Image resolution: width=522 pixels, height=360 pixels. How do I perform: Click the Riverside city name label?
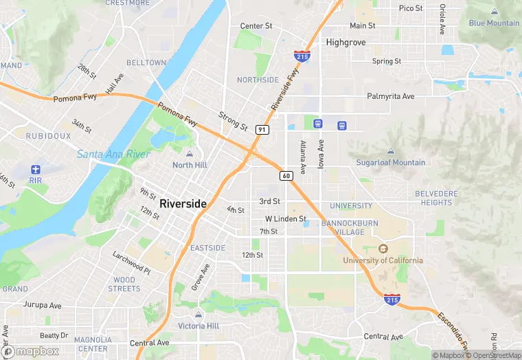tap(183, 204)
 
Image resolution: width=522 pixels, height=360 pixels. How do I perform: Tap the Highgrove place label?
tap(346, 42)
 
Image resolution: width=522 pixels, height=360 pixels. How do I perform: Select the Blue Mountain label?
tap(494, 23)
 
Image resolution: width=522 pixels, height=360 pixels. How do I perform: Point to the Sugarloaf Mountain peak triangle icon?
tap(391, 151)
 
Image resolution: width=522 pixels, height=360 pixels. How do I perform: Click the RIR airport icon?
tap(36, 169)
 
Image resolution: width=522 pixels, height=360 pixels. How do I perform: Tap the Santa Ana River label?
tap(113, 154)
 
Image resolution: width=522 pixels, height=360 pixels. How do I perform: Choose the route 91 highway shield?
tap(262, 129)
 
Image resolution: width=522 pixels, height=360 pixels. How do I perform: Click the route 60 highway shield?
tap(286, 176)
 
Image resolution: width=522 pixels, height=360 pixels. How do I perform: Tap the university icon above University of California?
tap(383, 248)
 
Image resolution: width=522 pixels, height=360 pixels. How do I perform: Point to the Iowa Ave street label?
tap(320, 155)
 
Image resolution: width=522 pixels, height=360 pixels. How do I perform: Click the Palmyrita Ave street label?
tap(391, 96)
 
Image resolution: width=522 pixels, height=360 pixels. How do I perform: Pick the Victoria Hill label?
tap(198, 326)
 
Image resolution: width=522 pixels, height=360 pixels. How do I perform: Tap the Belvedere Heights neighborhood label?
tap(436, 198)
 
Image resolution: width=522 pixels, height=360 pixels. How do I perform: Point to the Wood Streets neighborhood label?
tap(124, 284)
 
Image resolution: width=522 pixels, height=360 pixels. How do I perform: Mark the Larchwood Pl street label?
tap(131, 262)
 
